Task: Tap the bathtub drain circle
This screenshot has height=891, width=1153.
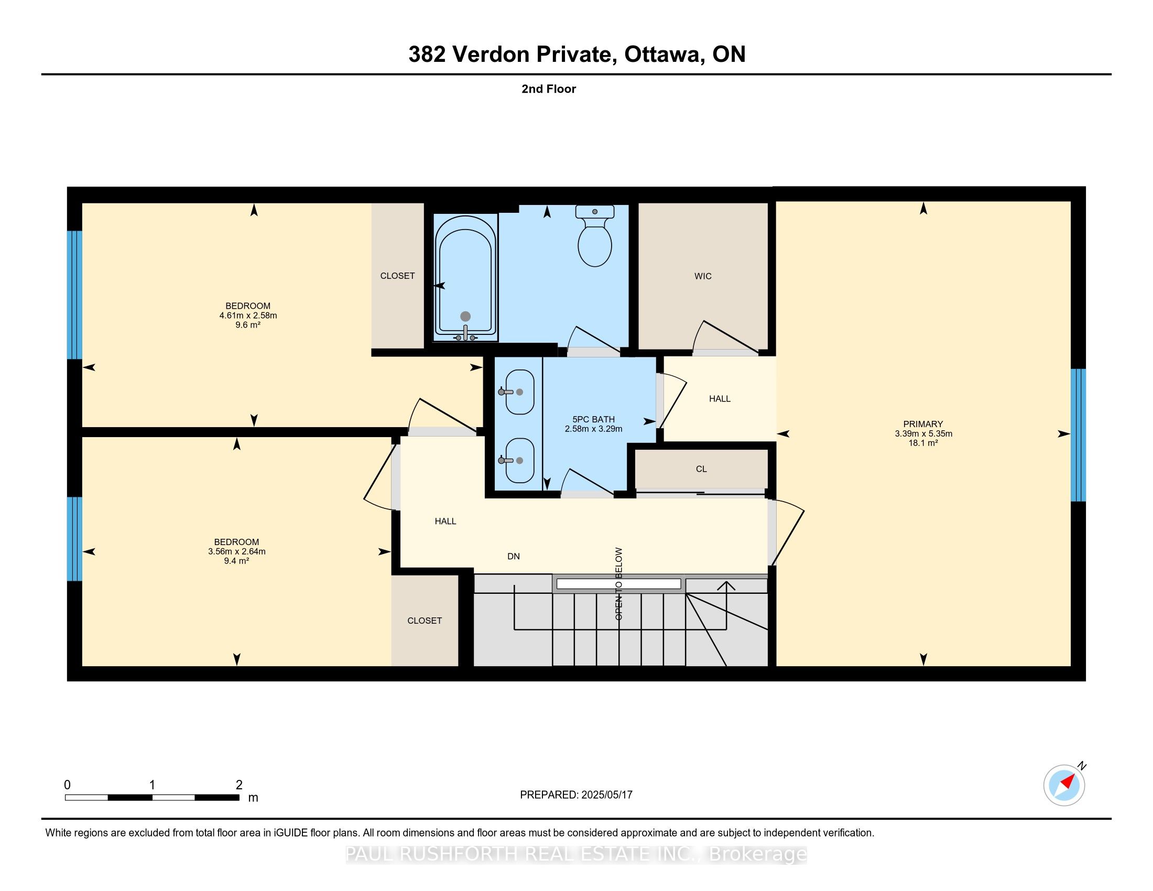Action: click(x=465, y=316)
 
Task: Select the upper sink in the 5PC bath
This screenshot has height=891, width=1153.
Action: click(x=519, y=392)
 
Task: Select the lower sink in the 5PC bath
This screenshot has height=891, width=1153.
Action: click(x=519, y=460)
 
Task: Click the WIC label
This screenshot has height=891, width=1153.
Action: click(x=703, y=276)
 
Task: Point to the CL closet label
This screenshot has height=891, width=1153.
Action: click(x=701, y=469)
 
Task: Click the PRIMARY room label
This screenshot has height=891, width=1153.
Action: click(x=923, y=424)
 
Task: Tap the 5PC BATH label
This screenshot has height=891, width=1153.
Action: click(x=593, y=419)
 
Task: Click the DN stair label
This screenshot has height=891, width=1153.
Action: click(x=513, y=556)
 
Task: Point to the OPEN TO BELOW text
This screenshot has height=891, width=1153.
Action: click(x=619, y=583)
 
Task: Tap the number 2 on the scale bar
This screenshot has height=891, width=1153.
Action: click(x=239, y=785)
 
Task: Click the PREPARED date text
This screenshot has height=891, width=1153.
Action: click(x=576, y=795)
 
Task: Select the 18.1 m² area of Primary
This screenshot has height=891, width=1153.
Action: click(x=923, y=443)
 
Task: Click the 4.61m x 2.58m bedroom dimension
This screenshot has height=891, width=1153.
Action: click(x=248, y=315)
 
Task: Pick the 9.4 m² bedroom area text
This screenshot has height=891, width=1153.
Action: click(x=236, y=561)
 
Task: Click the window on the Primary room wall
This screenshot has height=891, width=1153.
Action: click(x=1078, y=434)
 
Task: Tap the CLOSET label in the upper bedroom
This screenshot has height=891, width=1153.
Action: click(x=398, y=276)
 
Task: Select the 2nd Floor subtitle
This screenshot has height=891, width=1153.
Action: click(x=549, y=89)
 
